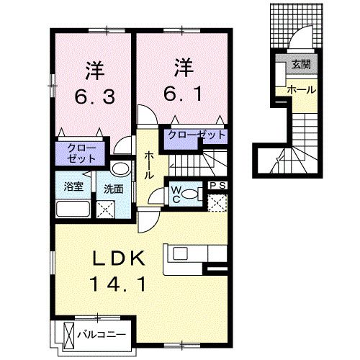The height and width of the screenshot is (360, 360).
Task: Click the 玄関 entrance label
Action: click(301, 64)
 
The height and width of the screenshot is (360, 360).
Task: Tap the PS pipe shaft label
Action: click(218, 186)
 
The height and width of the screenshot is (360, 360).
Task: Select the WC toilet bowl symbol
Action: click(189, 194)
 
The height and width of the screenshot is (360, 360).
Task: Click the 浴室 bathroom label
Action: click(73, 186)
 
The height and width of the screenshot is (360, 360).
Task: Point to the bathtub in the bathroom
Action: click(73, 209)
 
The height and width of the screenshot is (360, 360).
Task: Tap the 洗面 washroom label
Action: click(114, 189)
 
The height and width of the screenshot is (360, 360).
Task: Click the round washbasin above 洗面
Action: click(120, 168)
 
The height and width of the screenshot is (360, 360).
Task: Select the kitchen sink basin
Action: click(180, 253)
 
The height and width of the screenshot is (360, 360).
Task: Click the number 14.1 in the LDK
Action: click(118, 284)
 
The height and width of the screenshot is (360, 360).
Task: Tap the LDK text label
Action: click(119, 258)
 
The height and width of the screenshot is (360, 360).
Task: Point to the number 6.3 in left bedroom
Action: click(94, 96)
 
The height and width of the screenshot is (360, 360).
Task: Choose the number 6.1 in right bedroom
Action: click(183, 94)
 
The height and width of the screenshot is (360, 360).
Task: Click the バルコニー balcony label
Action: click(102, 334)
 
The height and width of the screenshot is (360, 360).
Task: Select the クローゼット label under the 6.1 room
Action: click(197, 135)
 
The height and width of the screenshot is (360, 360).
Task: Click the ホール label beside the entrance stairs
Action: click(302, 90)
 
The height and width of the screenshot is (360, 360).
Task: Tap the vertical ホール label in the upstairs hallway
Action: click(149, 165)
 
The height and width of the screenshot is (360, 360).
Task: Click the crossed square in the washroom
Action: click(106, 210)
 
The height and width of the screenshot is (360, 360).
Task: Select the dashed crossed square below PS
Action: click(217, 203)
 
